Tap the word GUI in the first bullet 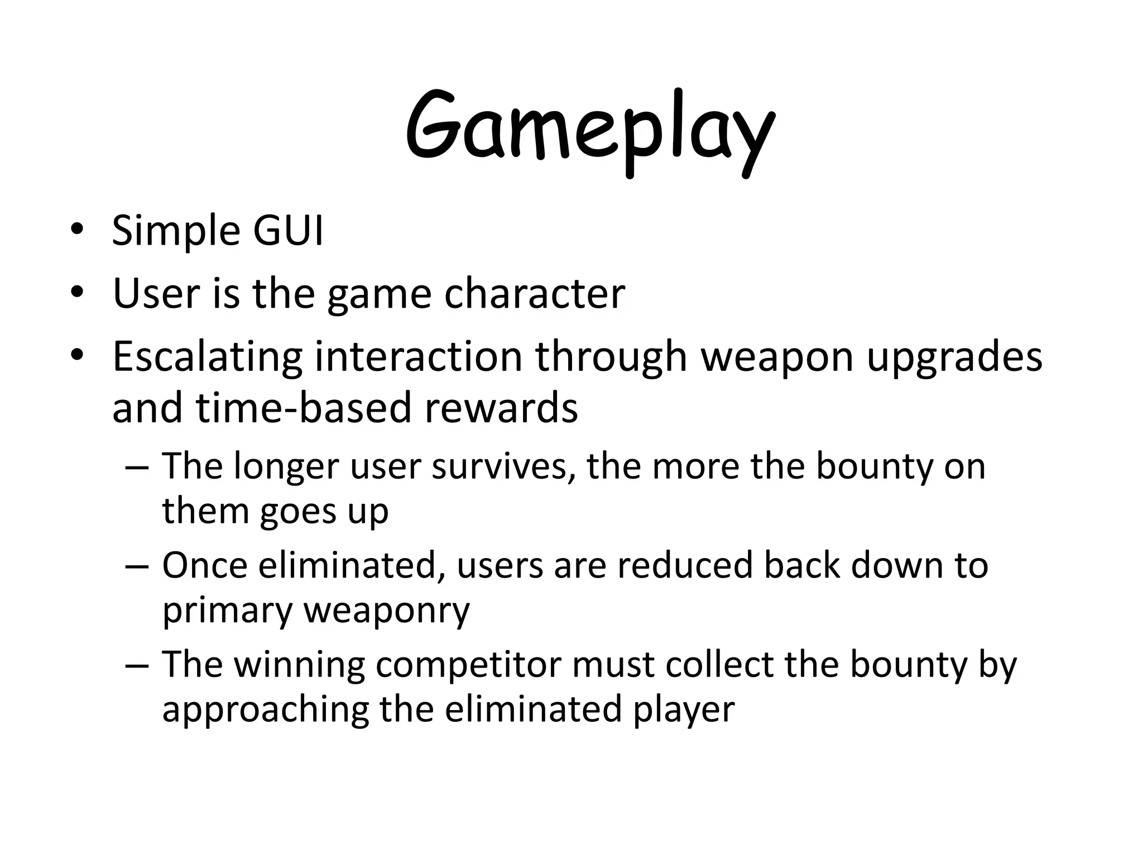tap(288, 230)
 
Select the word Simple tap(176, 231)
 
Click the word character tap(534, 293)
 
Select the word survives tap(503, 466)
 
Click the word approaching tap(265, 709)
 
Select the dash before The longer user tap(137, 466)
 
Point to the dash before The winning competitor tap(137, 665)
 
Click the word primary tap(227, 611)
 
